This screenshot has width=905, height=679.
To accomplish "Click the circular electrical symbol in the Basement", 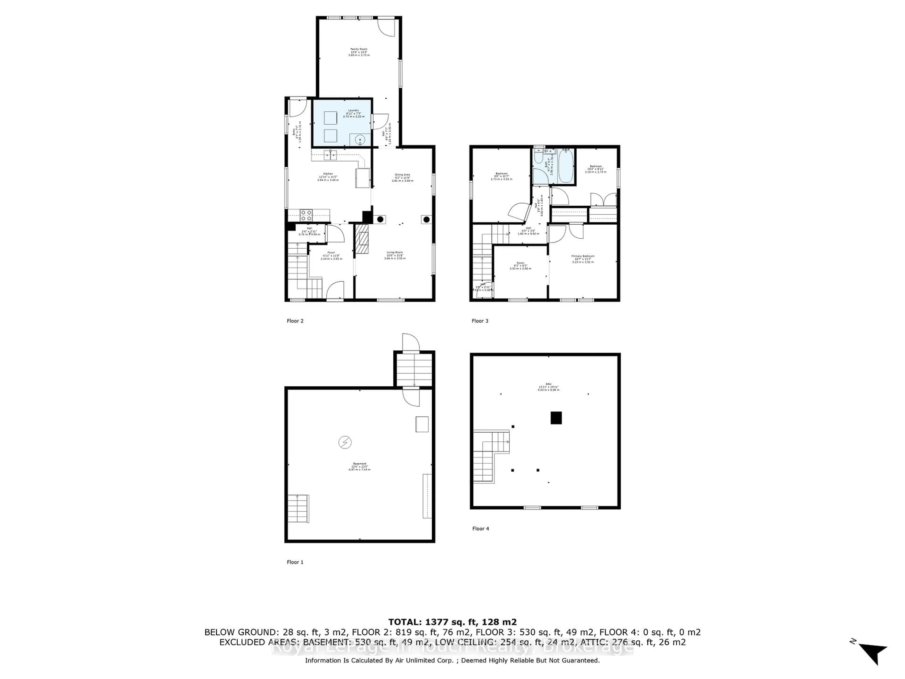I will pyautogui.click(x=345, y=443).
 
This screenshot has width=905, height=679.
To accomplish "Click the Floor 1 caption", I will pyautogui.click(x=295, y=562).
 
